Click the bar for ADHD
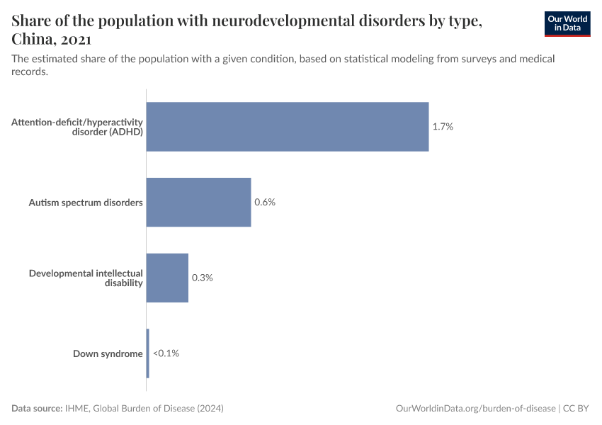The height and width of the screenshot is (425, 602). pyautogui.click(x=287, y=127)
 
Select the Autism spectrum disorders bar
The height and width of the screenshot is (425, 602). pyautogui.click(x=198, y=202)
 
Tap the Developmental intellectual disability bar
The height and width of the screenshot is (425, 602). pyautogui.click(x=167, y=278)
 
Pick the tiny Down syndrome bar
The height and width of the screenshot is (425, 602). pyautogui.click(x=147, y=353)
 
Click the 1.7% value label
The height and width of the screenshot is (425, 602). pyautogui.click(x=443, y=127)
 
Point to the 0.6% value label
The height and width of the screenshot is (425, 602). pyautogui.click(x=265, y=203)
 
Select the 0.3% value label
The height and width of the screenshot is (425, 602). pyautogui.click(x=203, y=278)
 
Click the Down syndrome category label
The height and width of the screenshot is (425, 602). pyautogui.click(x=108, y=353)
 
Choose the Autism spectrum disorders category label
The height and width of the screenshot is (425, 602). pyautogui.click(x=86, y=203)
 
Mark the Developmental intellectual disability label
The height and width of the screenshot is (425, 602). pyautogui.click(x=86, y=278)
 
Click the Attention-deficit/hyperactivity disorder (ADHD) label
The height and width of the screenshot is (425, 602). pyautogui.click(x=77, y=127)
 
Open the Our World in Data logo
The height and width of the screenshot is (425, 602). pyautogui.click(x=567, y=24)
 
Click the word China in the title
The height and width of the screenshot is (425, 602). pyautogui.click(x=33, y=40)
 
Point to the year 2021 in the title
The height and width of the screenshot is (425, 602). pyautogui.click(x=75, y=40)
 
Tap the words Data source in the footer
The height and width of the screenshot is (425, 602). pyautogui.click(x=36, y=409)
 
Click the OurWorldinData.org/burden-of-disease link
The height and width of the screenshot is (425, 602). pyautogui.click(x=475, y=409)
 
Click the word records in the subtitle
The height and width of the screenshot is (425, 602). pyautogui.click(x=29, y=72)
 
